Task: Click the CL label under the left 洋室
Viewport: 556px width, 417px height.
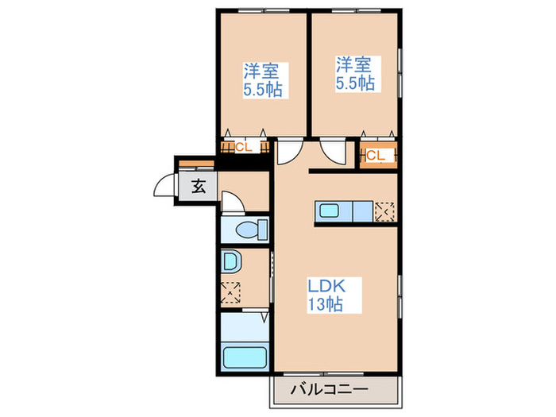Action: pos(242,147)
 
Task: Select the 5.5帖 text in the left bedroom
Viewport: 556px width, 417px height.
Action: pos(263,88)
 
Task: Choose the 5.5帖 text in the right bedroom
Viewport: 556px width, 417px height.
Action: pos(354,83)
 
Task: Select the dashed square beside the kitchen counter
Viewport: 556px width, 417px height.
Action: pos(384,212)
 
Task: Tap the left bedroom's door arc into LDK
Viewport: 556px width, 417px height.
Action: pos(288,152)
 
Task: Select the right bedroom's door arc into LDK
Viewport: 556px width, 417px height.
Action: pos(333,152)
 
